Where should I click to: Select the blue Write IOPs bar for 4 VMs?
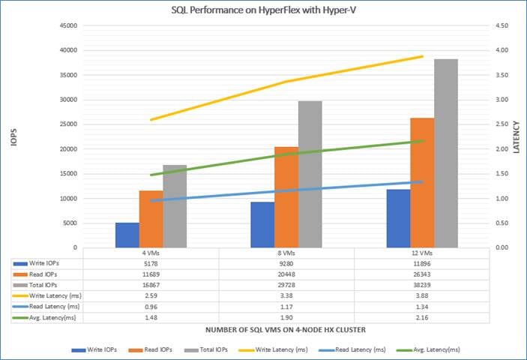click(127, 235)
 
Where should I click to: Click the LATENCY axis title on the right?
click(517, 136)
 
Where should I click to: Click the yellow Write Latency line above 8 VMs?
click(286, 82)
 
